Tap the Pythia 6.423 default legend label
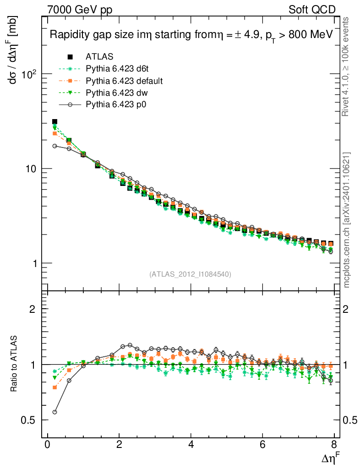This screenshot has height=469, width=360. point(124,81)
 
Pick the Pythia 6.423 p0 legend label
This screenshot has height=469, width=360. point(118,105)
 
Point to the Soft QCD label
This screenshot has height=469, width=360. point(312,9)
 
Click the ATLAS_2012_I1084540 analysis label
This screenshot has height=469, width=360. point(190,274)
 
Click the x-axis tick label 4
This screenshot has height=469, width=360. point(191,446)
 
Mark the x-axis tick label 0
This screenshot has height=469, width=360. point(47,446)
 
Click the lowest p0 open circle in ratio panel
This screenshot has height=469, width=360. point(55,412)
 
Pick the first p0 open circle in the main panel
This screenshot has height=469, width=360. point(55,146)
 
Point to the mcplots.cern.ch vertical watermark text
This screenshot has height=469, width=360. point(347,219)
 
